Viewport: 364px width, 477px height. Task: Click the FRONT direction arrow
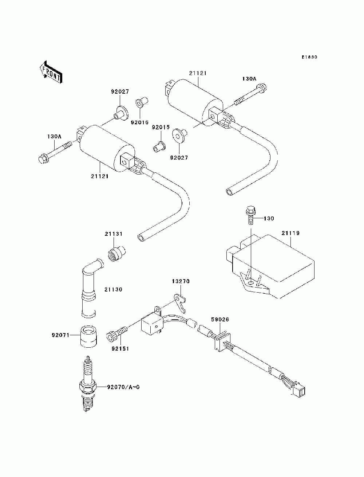pyautogui.click(x=51, y=72)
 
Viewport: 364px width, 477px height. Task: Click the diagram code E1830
pyautogui.click(x=309, y=57)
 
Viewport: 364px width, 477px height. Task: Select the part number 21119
pyautogui.click(x=290, y=233)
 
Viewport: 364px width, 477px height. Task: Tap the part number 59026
pyautogui.click(x=220, y=320)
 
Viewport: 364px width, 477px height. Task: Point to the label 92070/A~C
pyautogui.click(x=123, y=387)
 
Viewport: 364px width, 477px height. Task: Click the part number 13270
pyautogui.click(x=181, y=281)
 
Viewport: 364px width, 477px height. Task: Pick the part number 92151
pyautogui.click(x=120, y=349)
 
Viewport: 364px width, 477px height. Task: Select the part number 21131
pyautogui.click(x=114, y=234)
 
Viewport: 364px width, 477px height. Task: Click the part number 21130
pyautogui.click(x=113, y=290)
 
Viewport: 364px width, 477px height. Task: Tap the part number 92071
pyautogui.click(x=60, y=335)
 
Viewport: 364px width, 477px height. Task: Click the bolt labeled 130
pyautogui.click(x=251, y=215)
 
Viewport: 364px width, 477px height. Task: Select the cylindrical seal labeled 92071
pyautogui.click(x=88, y=336)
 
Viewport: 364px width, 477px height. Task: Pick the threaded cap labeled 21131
pyautogui.click(x=116, y=253)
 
